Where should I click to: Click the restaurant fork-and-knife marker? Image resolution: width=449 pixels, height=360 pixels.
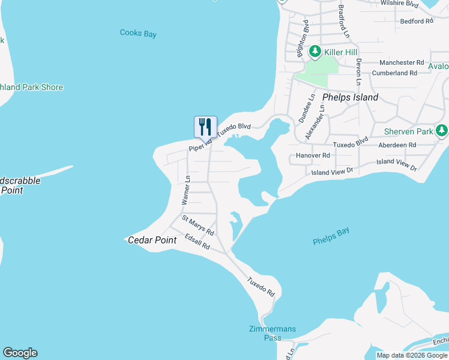pyautogui.click(x=205, y=127)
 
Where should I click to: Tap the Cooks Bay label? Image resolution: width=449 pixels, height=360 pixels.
pyautogui.click(x=138, y=34)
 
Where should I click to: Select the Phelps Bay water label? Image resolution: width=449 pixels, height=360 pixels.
pyautogui.click(x=331, y=236)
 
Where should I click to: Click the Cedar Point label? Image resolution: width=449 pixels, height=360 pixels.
pyautogui.click(x=152, y=240)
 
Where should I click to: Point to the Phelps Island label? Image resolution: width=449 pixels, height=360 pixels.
pyautogui.click(x=351, y=97)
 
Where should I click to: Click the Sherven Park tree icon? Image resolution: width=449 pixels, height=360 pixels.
pyautogui.click(x=442, y=131)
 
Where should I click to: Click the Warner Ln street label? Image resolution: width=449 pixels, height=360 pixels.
pyautogui.click(x=187, y=190)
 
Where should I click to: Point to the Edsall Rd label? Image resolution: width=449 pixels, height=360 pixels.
pyautogui.click(x=197, y=241)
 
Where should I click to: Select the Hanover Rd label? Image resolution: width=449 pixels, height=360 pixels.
pyautogui.click(x=313, y=155)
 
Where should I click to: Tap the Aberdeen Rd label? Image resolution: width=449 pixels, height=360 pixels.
pyautogui.click(x=397, y=145)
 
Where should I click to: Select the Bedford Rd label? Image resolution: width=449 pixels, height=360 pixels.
pyautogui.click(x=416, y=21)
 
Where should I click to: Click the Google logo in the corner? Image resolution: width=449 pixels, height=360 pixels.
pyautogui.click(x=20, y=353)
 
